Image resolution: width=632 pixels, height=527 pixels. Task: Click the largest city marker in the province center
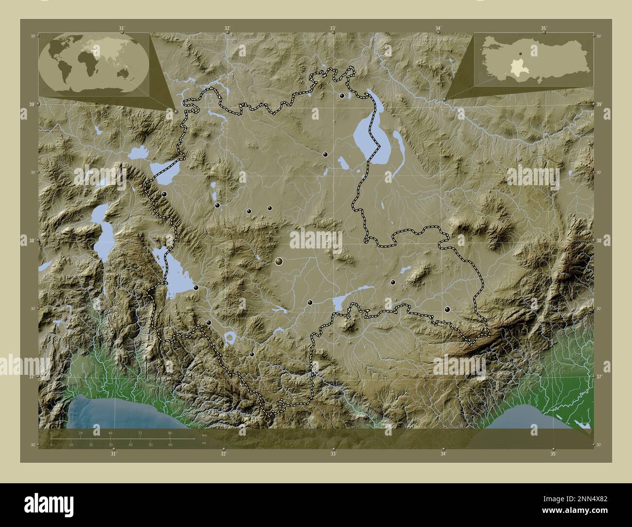[279, 262]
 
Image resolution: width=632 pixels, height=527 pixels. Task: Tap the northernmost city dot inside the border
[342, 96]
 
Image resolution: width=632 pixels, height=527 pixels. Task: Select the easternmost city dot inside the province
[447, 309]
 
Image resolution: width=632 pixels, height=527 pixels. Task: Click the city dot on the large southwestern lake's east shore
[196, 288]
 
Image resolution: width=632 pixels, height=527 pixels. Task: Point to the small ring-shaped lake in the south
[229, 336]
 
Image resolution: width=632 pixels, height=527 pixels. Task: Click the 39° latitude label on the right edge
[599, 105]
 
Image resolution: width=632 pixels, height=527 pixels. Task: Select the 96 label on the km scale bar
[170, 433]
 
